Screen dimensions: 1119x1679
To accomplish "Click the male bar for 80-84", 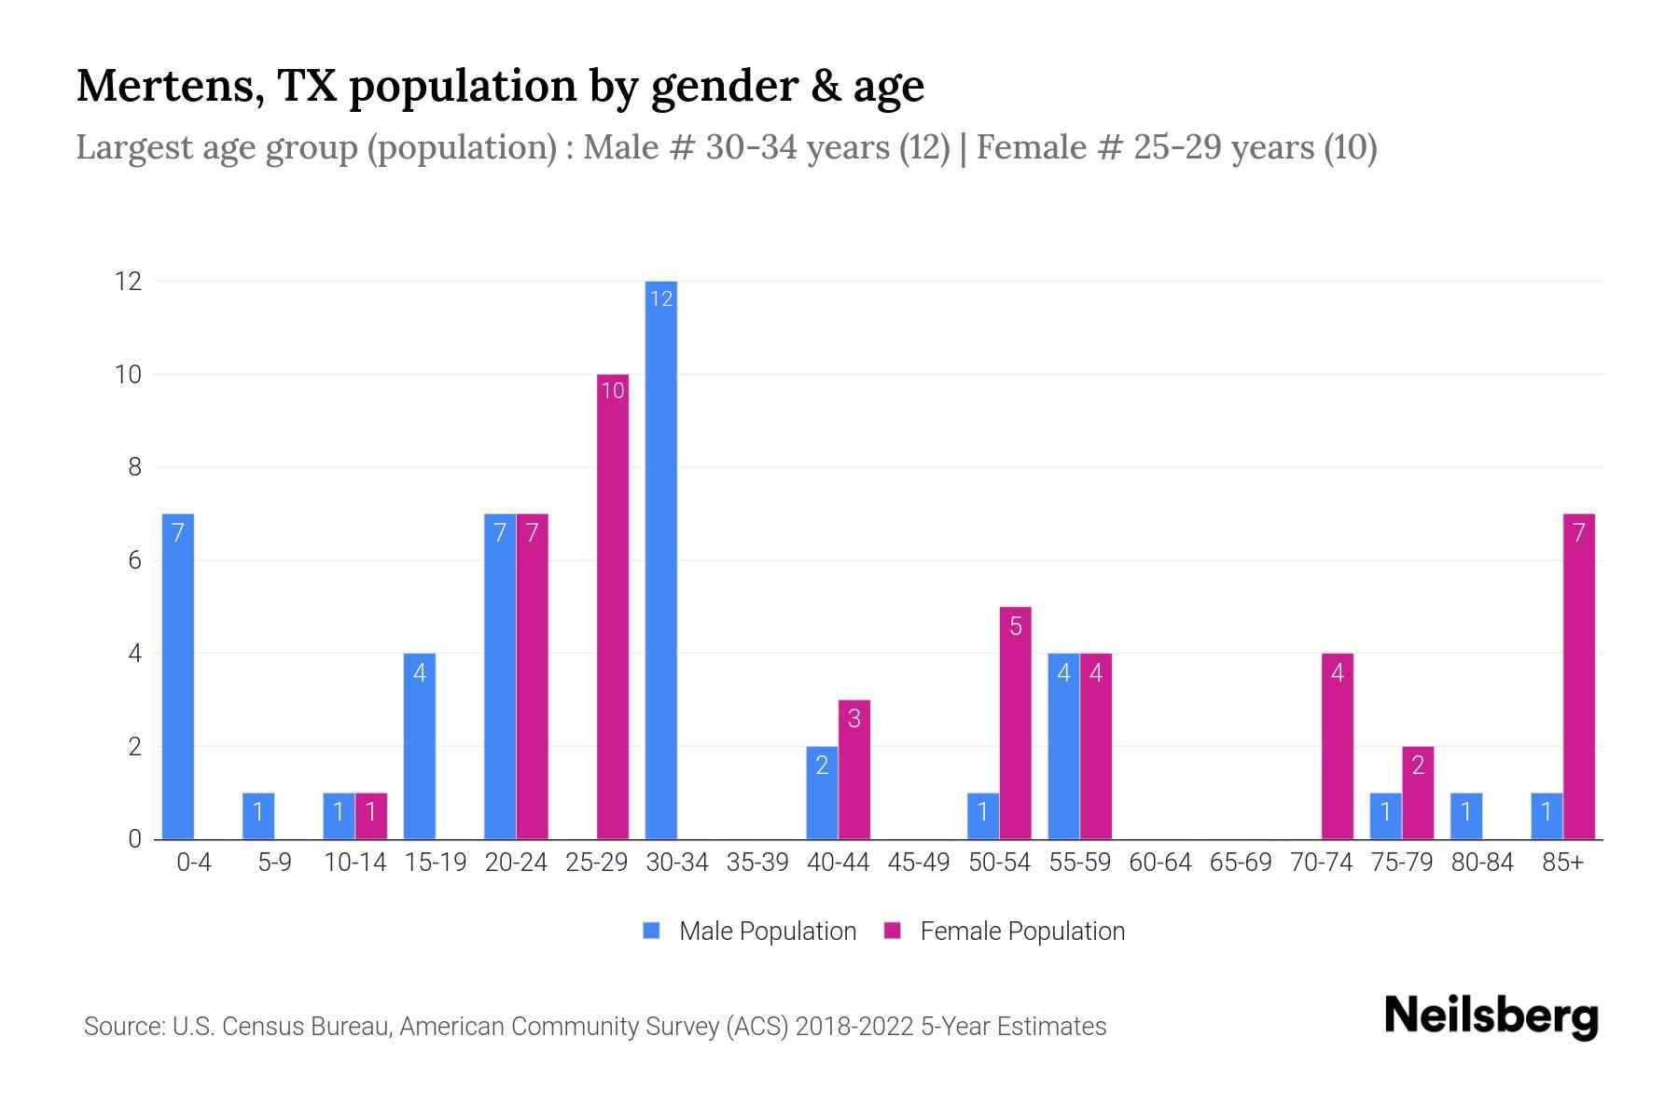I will (1466, 817).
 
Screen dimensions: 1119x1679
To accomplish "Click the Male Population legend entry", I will (751, 931).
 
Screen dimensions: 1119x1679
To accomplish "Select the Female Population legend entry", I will (1006, 931).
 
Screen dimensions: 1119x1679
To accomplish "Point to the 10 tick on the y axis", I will (128, 375).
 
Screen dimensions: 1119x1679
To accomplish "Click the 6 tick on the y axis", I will (134, 560).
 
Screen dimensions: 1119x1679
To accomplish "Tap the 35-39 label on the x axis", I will (757, 863).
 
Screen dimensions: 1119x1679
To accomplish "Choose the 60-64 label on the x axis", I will (1159, 863).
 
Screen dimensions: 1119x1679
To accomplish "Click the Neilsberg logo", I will (1491, 1016).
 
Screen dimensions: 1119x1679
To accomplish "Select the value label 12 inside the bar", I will (660, 299).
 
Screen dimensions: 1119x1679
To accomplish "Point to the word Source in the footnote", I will (122, 1027).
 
